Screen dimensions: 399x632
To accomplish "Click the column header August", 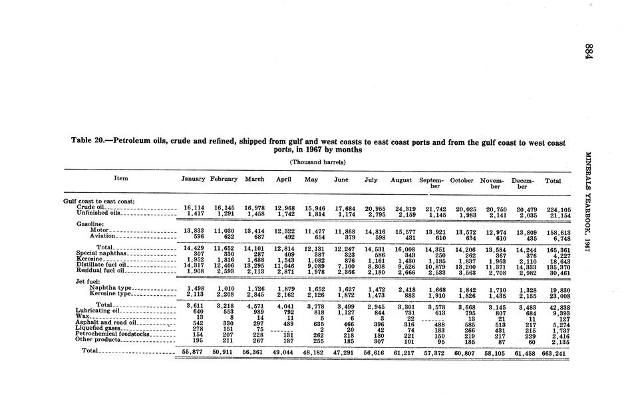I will click(401, 180).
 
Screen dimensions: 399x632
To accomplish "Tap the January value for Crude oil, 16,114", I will click(194, 207).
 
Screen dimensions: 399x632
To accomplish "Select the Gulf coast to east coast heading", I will click(99, 201).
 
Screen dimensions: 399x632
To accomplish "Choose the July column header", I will click(371, 180).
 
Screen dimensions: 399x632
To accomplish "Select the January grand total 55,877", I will click(194, 350).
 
